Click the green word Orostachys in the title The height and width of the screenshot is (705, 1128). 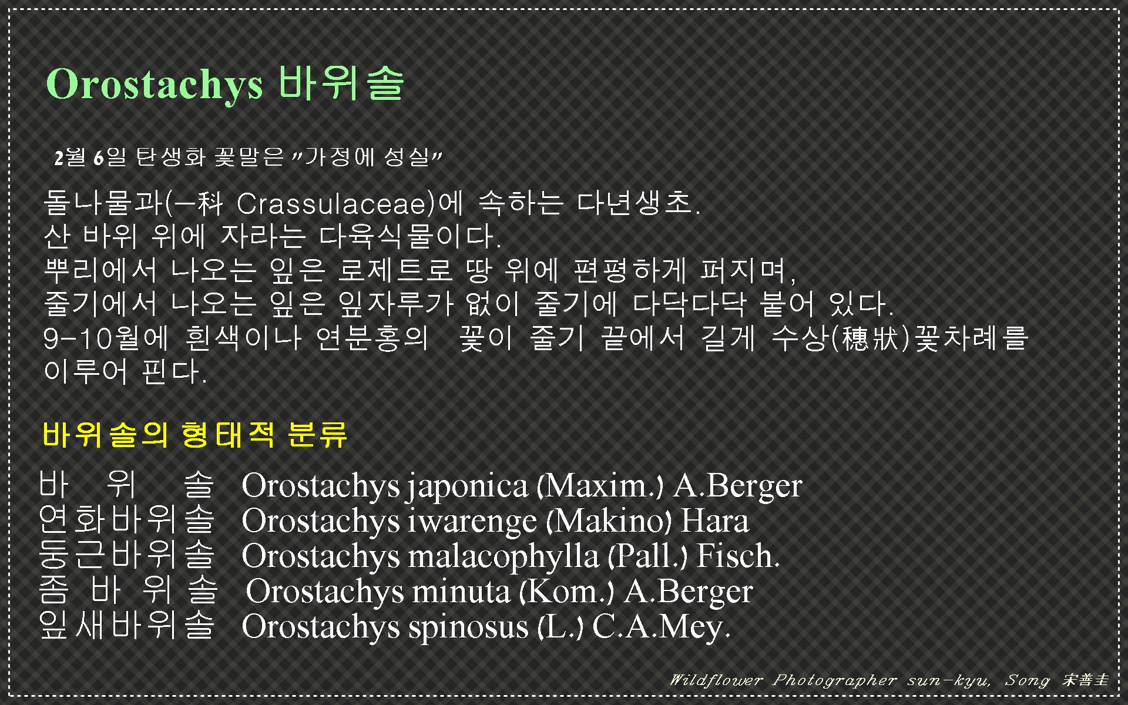154,84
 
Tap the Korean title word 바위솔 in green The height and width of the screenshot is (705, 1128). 341,83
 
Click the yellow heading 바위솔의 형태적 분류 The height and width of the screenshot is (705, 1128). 194,435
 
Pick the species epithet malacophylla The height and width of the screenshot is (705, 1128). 502,557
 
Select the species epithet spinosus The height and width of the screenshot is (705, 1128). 468,627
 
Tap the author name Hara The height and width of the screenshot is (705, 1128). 714,522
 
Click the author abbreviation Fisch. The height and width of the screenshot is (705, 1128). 737,556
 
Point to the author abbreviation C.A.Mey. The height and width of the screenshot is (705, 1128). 661,627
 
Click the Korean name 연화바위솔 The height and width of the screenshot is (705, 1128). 126,521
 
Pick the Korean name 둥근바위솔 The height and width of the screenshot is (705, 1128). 126,556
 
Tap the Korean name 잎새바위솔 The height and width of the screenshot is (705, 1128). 126,626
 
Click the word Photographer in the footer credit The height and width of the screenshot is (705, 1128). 834,680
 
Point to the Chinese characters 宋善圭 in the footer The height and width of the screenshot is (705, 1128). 1085,680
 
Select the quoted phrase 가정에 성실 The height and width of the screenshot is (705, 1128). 368,157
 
